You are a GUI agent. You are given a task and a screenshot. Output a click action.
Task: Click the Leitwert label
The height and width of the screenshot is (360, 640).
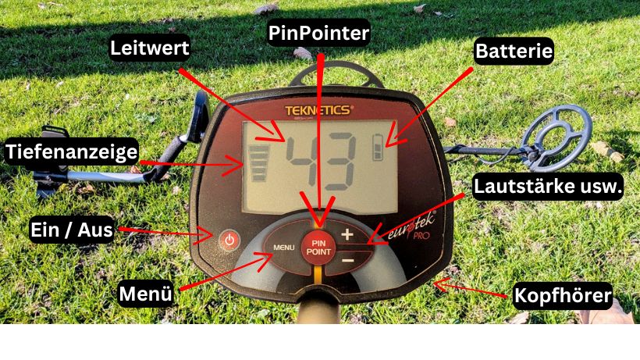[x=149, y=48]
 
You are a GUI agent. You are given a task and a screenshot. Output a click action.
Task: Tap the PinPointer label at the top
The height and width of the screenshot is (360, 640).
[x=318, y=33]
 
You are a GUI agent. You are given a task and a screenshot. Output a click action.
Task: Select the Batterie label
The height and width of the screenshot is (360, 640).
[x=514, y=51]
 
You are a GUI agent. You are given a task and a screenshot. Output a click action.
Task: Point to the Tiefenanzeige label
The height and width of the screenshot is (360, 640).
[x=72, y=151]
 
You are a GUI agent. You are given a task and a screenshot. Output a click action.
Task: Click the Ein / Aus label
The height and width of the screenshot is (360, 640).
[x=72, y=230]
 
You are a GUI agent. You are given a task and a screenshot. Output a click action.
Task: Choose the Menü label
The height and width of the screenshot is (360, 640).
[x=146, y=294]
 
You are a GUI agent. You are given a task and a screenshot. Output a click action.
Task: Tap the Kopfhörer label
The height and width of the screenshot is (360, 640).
[x=563, y=295]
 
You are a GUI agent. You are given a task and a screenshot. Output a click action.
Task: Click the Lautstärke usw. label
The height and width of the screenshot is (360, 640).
[x=548, y=187]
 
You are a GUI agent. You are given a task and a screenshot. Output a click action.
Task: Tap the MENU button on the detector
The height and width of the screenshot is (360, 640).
[x=283, y=248]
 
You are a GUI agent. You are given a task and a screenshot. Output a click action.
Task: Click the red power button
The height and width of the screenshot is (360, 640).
[x=229, y=241]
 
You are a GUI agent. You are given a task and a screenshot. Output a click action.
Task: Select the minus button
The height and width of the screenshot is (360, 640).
[x=347, y=260]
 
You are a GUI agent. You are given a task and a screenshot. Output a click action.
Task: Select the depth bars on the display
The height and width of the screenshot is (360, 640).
[x=258, y=163]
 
